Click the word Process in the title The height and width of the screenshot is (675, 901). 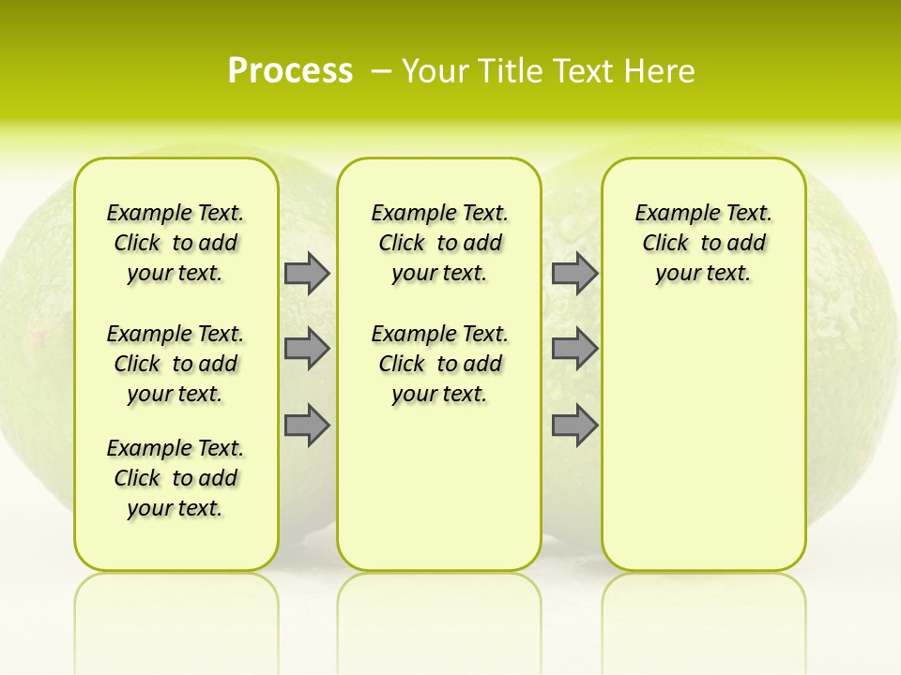pyautogui.click(x=290, y=71)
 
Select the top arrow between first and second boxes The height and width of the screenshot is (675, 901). pyautogui.click(x=307, y=273)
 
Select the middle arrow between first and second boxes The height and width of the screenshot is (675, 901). pyautogui.click(x=307, y=349)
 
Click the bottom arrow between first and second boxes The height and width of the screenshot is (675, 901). pyautogui.click(x=307, y=426)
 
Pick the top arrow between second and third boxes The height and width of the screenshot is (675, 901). pyautogui.click(x=574, y=273)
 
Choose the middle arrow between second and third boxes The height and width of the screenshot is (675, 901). pyautogui.click(x=574, y=349)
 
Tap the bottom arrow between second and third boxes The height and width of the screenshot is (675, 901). pyautogui.click(x=574, y=426)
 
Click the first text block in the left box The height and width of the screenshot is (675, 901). pyautogui.click(x=176, y=243)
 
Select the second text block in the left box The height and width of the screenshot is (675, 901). pyautogui.click(x=176, y=364)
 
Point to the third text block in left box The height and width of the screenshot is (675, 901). pyautogui.click(x=176, y=478)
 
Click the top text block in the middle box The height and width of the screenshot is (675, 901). pyautogui.click(x=439, y=243)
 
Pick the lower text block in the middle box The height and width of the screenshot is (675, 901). pyautogui.click(x=439, y=364)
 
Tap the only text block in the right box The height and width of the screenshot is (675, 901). pyautogui.click(x=703, y=243)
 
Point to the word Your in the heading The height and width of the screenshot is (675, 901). pyautogui.click(x=436, y=71)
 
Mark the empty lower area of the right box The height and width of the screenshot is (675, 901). pyautogui.click(x=703, y=441)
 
